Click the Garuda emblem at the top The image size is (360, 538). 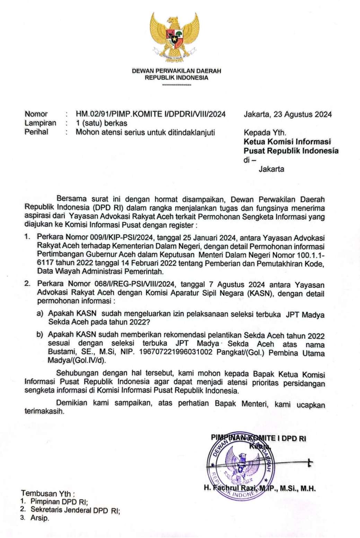click(175, 36)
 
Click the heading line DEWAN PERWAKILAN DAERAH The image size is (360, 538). click(176, 71)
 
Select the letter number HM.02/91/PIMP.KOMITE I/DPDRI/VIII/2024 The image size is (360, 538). click(151, 114)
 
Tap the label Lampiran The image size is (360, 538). click(40, 123)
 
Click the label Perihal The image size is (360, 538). click(36, 132)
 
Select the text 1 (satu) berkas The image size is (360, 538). click(102, 123)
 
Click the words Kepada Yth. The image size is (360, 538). click(265, 133)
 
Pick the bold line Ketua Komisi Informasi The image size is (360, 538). click(287, 142)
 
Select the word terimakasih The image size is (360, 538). click(44, 412)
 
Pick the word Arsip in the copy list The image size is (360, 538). click(39, 518)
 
